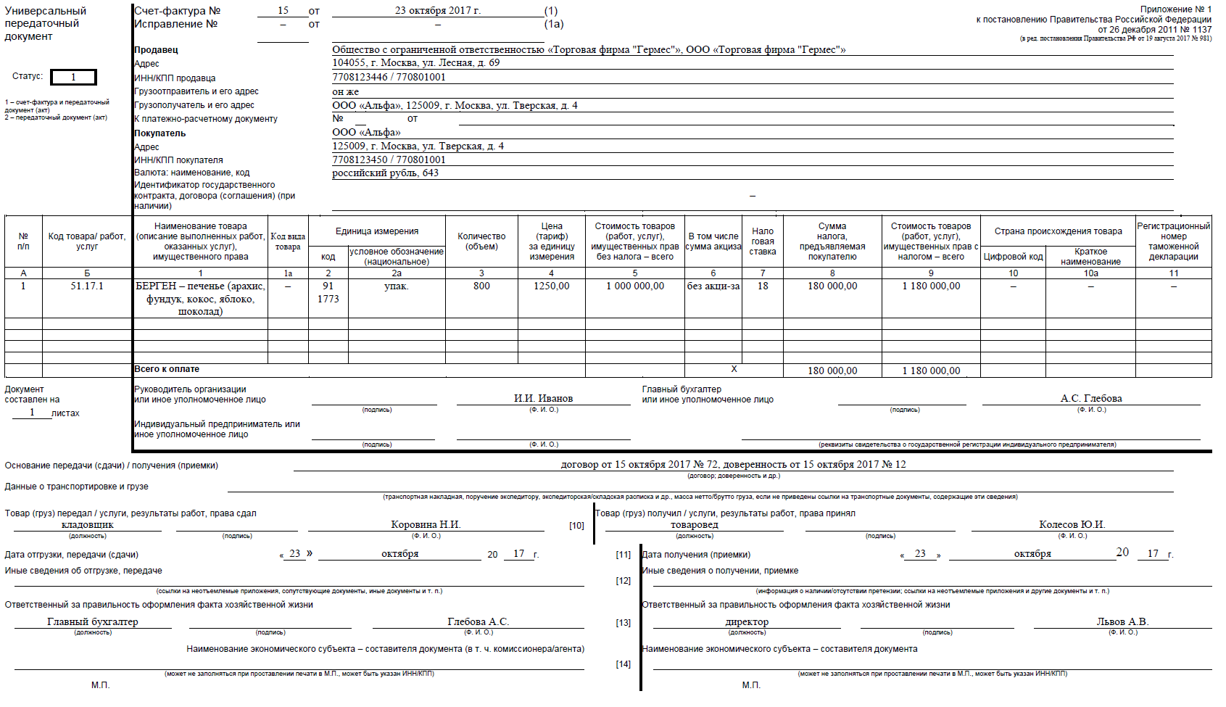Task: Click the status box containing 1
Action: (73, 77)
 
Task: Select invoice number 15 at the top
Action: (283, 11)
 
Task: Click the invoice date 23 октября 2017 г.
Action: (438, 11)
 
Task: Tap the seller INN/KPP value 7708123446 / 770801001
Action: (389, 77)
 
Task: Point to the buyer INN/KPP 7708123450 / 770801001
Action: (389, 160)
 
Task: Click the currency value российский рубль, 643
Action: (385, 173)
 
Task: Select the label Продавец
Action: (156, 50)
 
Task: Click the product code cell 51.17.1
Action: (87, 286)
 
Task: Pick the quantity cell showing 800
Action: (481, 286)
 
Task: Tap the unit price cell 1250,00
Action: (551, 286)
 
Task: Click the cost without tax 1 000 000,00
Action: (635, 286)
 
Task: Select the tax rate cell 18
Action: (763, 286)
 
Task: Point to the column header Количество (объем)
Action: (481, 241)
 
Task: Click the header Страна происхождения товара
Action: (1058, 231)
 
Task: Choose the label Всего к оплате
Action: (167, 369)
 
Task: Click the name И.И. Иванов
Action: (543, 398)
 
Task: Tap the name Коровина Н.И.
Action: (426, 524)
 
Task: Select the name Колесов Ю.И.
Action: (1072, 524)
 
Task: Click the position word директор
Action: (747, 621)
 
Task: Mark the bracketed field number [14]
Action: (624, 664)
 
